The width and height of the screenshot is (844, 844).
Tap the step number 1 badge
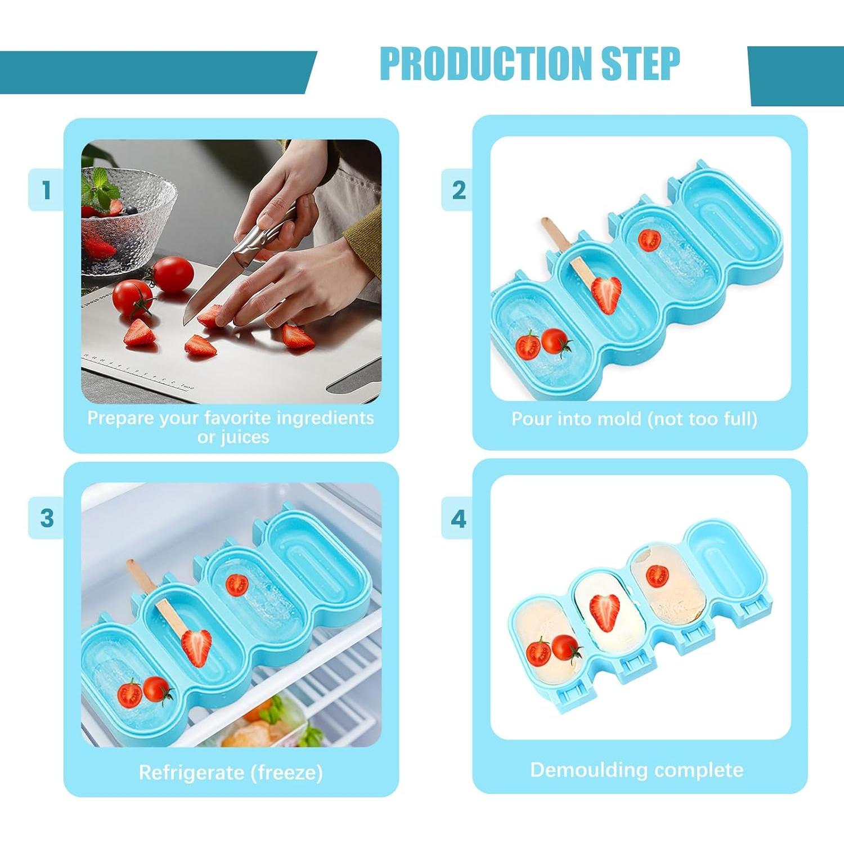46,190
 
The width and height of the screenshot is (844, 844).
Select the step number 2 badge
459,190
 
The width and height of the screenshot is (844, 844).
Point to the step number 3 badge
46,518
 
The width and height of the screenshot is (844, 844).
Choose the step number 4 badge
459,518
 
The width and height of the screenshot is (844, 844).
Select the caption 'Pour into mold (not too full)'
634,419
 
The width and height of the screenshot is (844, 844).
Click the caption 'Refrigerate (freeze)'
231,773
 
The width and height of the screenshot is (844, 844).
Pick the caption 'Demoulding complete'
636,770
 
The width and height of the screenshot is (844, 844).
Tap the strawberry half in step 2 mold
607,294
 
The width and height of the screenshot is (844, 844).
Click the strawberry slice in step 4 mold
604,612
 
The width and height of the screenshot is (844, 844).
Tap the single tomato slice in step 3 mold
237,585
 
